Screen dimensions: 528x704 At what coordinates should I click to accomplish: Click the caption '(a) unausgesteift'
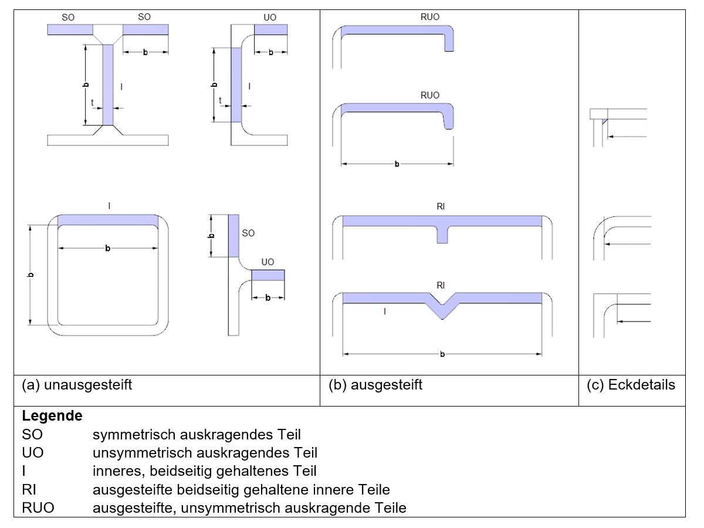tap(77, 385)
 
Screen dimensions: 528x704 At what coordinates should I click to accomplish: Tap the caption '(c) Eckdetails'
tap(631, 385)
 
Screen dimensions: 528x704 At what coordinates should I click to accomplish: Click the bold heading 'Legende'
tap(52, 417)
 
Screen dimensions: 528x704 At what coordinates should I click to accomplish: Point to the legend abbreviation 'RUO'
tap(38, 507)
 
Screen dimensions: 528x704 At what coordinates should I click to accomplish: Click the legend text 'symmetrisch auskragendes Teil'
tap(197, 435)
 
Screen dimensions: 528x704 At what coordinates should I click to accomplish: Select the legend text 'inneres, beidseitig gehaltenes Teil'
tap(204, 471)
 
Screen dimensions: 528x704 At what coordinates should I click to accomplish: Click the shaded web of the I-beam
tap(108, 85)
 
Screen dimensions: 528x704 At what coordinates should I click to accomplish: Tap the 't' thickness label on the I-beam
tap(93, 101)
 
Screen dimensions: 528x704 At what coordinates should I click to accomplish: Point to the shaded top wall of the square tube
tap(108, 220)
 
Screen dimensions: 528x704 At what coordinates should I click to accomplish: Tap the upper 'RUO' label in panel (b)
tap(430, 18)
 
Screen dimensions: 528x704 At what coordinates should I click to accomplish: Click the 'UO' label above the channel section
tap(270, 18)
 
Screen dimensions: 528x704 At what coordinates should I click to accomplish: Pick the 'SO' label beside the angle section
tap(248, 233)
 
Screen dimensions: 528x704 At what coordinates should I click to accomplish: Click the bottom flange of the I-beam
tap(108, 140)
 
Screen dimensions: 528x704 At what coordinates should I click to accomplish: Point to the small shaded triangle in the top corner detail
tap(604, 121)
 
